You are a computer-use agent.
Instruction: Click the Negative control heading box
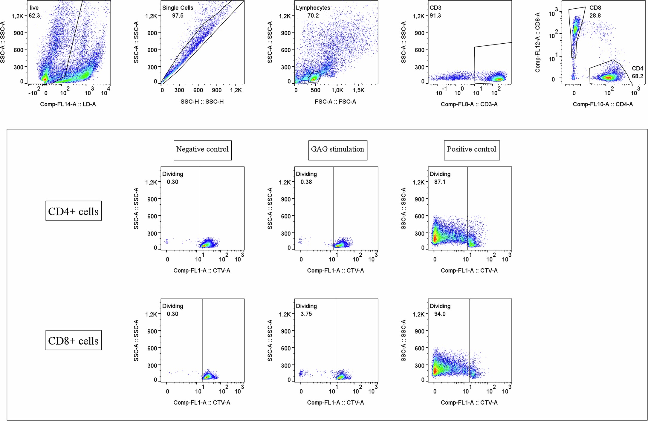(x=202, y=149)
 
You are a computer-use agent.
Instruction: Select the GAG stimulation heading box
(x=337, y=149)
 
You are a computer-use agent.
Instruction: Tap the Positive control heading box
(x=471, y=149)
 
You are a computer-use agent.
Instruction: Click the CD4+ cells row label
(x=73, y=211)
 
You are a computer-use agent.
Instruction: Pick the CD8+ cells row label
(x=73, y=341)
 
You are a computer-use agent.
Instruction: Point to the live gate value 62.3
(x=34, y=16)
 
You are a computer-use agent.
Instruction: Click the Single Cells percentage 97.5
(x=178, y=16)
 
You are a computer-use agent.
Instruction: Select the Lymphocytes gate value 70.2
(x=313, y=16)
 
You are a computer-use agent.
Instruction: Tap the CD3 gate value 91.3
(x=435, y=16)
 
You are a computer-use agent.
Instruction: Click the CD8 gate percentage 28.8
(x=595, y=16)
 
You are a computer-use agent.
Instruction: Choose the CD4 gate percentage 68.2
(x=637, y=76)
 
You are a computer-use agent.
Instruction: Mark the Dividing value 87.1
(x=440, y=182)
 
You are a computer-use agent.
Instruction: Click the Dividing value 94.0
(x=440, y=314)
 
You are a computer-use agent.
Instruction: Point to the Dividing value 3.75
(x=306, y=314)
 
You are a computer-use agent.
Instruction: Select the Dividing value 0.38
(x=306, y=182)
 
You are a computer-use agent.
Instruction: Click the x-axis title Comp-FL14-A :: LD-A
(x=68, y=104)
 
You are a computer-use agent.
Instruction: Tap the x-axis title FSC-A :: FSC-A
(x=335, y=102)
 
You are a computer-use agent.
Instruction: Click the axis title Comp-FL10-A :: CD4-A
(x=603, y=104)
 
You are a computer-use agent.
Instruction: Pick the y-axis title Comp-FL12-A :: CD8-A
(x=538, y=42)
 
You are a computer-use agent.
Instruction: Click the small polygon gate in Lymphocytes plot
(x=314, y=77)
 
